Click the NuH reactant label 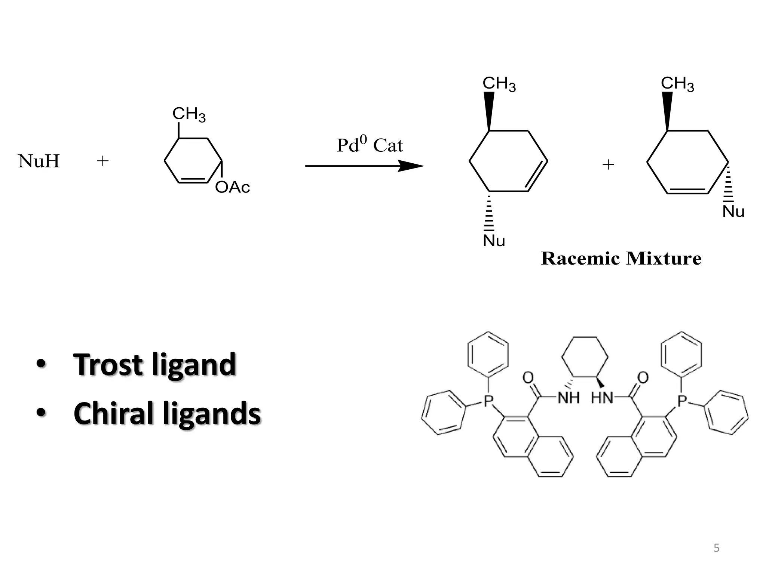(39, 161)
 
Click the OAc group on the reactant (232, 187)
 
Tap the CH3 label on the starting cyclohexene (189, 114)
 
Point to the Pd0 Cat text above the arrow (370, 145)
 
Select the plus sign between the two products (609, 164)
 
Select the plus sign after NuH (102, 161)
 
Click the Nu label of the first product (494, 241)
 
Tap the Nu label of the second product (733, 212)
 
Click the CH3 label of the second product (677, 84)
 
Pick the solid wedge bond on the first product (489, 111)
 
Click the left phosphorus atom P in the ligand (488, 401)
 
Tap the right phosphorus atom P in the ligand (682, 401)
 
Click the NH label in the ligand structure (569, 398)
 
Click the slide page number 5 (716, 548)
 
